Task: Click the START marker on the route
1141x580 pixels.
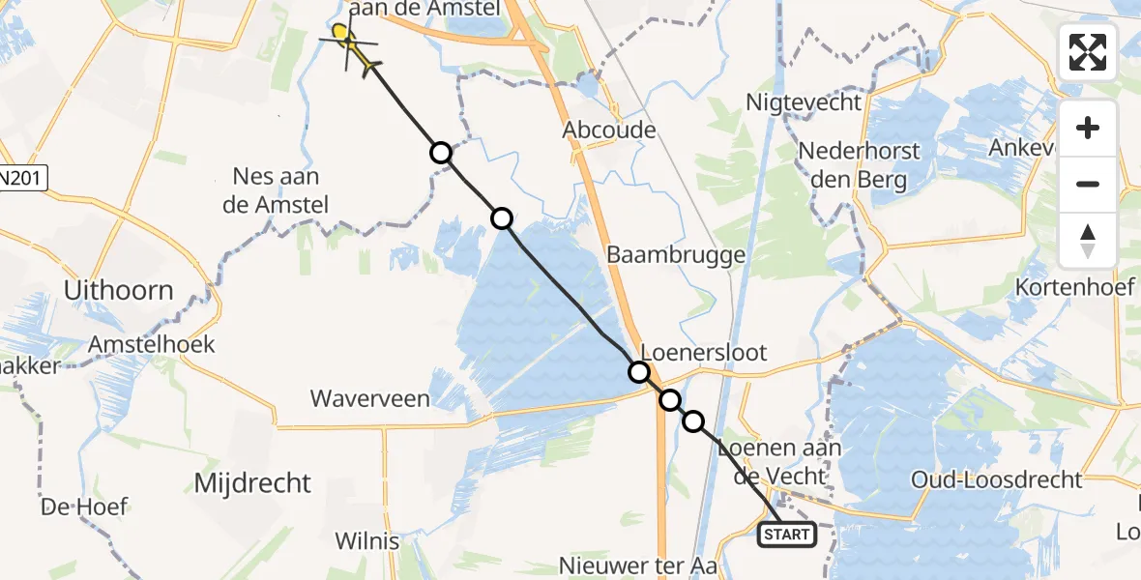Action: (786, 534)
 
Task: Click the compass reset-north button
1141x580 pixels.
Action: (1088, 240)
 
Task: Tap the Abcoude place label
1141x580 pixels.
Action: (612, 130)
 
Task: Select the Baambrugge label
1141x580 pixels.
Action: (676, 255)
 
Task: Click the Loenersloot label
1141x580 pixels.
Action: (704, 352)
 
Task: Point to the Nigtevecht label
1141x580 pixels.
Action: (804, 102)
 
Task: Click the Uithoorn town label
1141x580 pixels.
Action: (118, 290)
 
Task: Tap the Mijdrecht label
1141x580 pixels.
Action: (252, 482)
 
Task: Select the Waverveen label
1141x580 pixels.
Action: (369, 398)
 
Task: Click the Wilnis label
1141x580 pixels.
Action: (366, 540)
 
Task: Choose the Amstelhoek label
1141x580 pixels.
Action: (151, 344)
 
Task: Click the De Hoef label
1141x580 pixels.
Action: (84, 507)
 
